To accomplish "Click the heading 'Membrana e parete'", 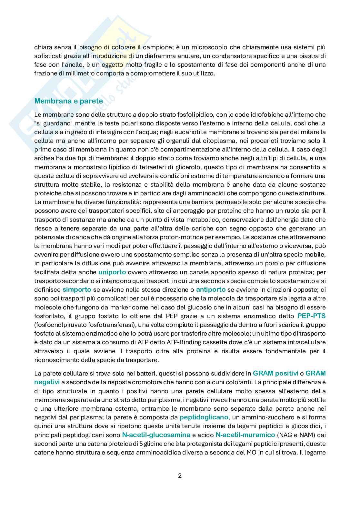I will coord(68,101).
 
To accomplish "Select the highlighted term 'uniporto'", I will coord(112,272).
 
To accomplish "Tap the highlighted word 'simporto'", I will coord(77,289).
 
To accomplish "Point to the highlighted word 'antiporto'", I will coord(211,289).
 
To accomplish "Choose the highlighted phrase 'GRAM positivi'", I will coord(275,373).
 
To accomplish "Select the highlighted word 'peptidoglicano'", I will coord(204,417).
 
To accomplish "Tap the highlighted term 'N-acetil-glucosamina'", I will coord(156,435).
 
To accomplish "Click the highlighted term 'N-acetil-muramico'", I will coord(245,435).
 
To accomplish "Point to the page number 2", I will coord(180,475).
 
